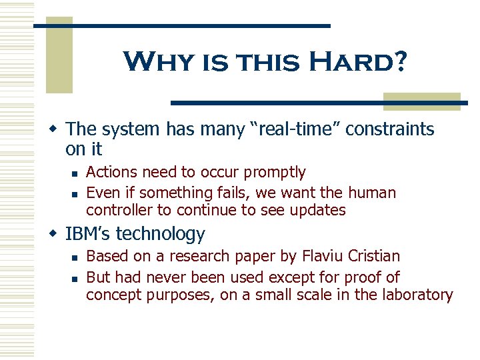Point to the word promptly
pyautogui.click(x=275, y=172)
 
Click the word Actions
pyautogui.click(x=111, y=172)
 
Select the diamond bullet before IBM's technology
pyautogui.click(x=57, y=234)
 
